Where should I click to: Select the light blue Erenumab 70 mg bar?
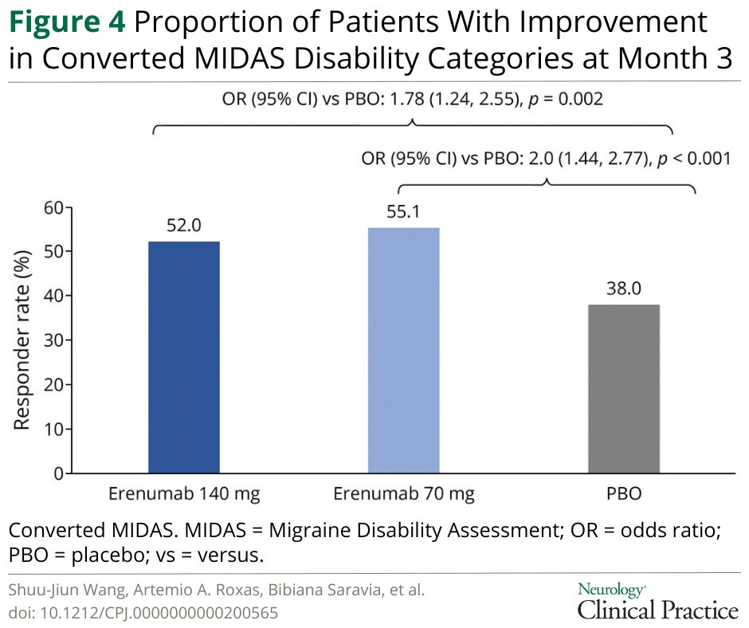point(403,351)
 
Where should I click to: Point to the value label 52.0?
point(184,226)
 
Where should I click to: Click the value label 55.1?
point(403,213)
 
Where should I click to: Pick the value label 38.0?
point(623,288)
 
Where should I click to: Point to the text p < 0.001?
point(692,159)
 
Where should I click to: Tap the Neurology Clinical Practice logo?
point(657,602)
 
